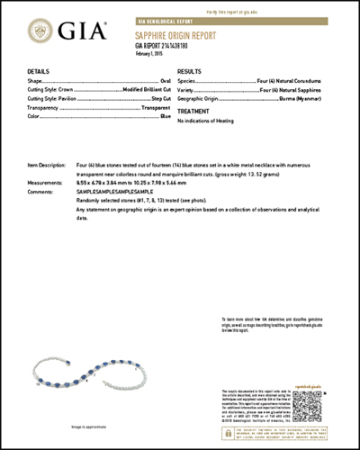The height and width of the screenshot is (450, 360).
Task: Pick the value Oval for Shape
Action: tap(166, 82)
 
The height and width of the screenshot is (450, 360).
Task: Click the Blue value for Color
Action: tap(166, 116)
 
